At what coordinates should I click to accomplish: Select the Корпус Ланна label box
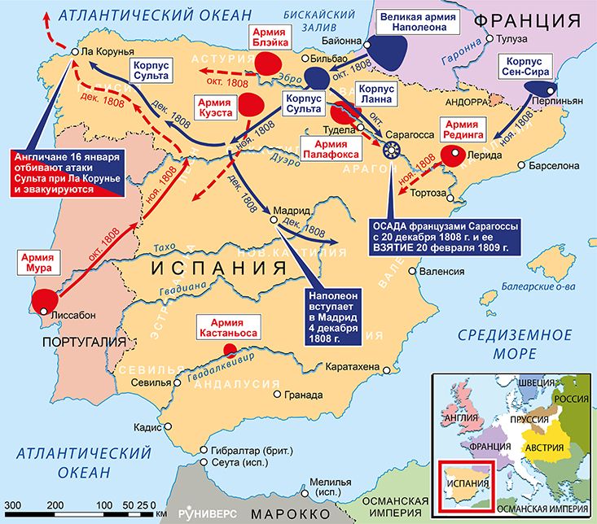pyautogui.click(x=375, y=93)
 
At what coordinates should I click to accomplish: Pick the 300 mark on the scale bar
pyautogui.click(x=11, y=505)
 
